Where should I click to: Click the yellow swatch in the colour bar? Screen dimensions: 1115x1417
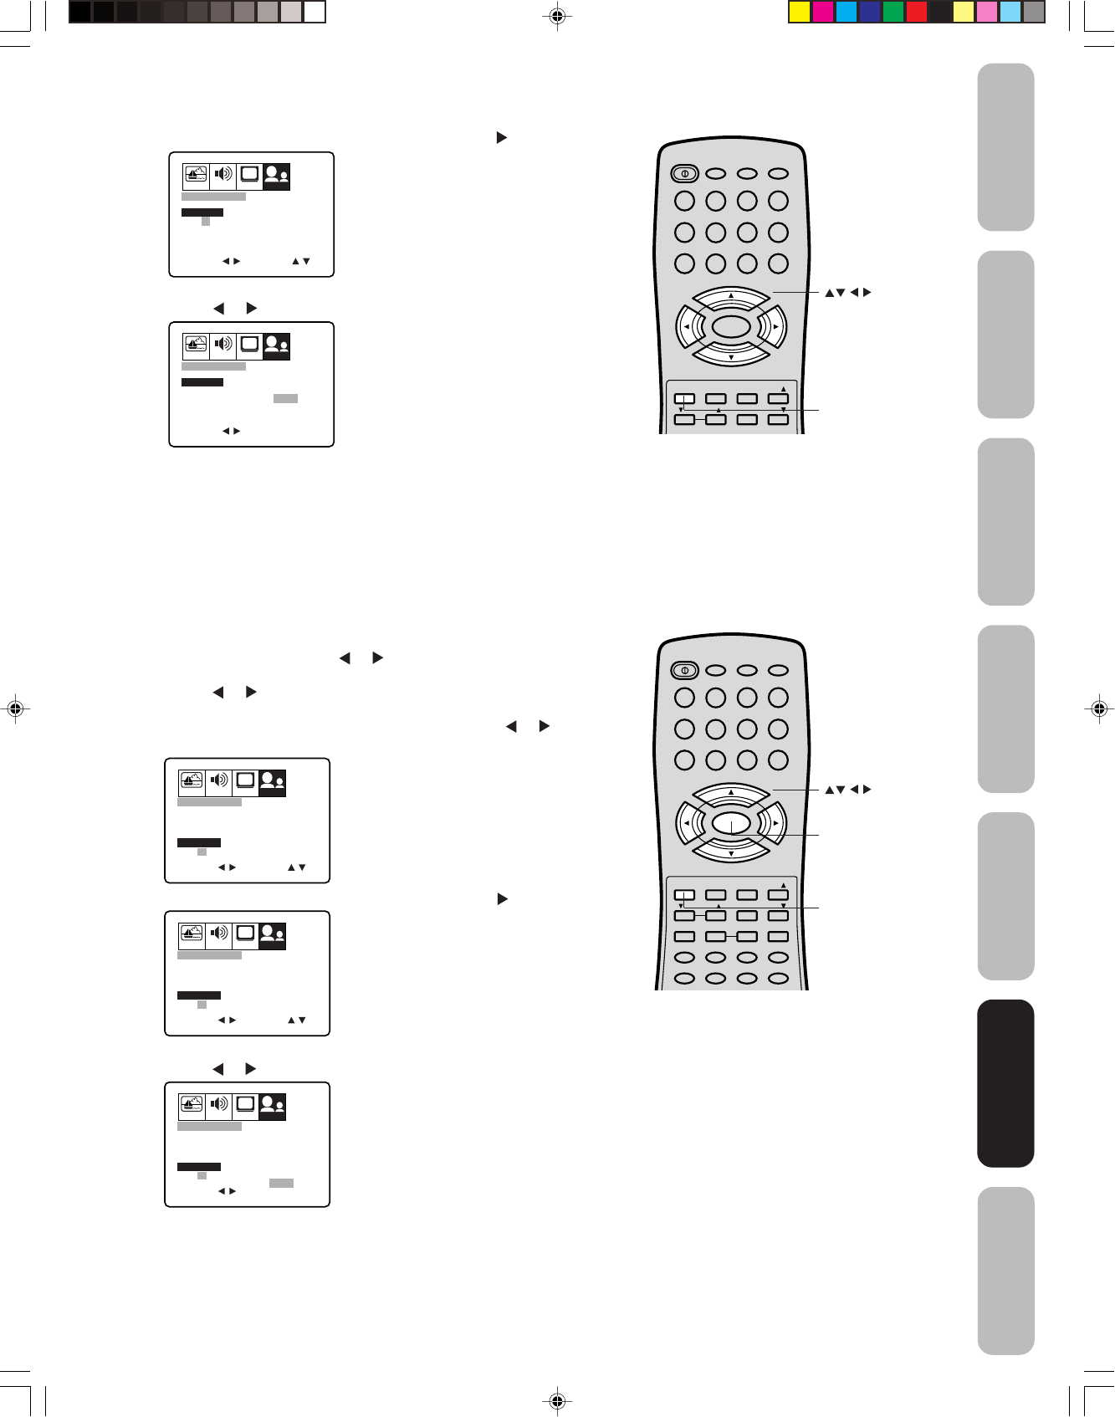coord(800,12)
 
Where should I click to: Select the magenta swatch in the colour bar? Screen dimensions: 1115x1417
coord(823,12)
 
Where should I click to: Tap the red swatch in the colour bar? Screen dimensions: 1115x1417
coord(917,12)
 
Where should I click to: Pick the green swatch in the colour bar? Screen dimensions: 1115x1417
coord(893,12)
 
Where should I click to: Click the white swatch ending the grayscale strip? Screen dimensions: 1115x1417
coord(315,12)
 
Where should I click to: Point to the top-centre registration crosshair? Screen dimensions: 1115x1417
coord(557,16)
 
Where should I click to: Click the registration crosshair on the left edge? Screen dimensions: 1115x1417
coord(14,708)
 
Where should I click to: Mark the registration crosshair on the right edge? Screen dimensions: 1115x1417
coord(1100,708)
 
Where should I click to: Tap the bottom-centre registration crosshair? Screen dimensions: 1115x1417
coord(557,1401)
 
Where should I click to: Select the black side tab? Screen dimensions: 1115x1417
coord(1005,1083)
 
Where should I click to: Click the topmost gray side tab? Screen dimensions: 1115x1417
coord(1005,147)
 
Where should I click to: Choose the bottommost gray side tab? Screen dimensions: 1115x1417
coord(1005,1271)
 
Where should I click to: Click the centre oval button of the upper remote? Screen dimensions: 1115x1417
coord(731,327)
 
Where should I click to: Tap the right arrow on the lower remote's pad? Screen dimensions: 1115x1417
coord(776,823)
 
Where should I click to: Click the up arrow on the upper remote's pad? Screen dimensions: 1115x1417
coord(731,296)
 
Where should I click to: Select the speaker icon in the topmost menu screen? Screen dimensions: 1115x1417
coord(222,175)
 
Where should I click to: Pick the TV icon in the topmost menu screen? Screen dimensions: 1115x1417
coord(249,175)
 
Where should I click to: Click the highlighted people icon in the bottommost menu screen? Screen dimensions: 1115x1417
coord(273,1107)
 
